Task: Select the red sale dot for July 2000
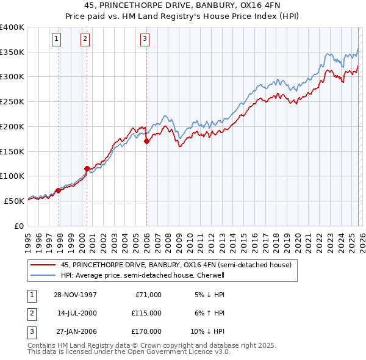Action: (x=87, y=168)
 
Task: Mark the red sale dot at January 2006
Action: (x=146, y=141)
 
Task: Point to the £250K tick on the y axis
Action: (x=12, y=102)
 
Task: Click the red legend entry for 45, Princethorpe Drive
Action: (x=176, y=265)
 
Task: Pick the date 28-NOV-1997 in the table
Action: (x=75, y=295)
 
